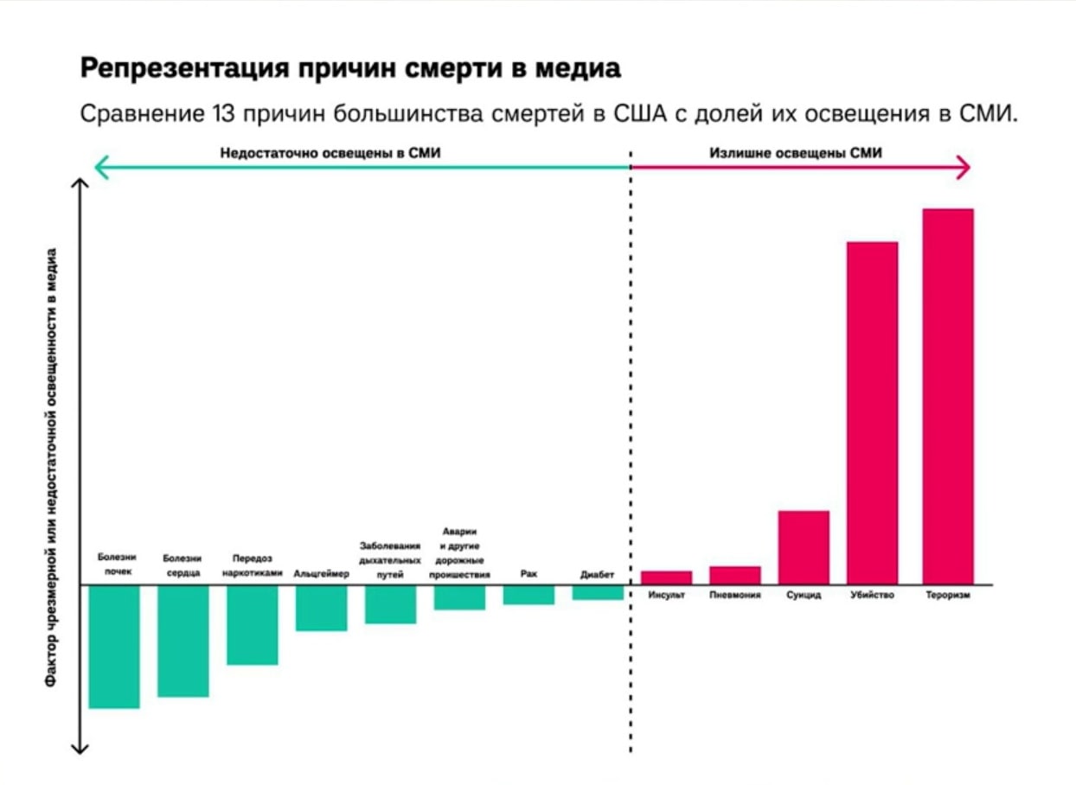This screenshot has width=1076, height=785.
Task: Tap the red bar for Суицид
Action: pyautogui.click(x=804, y=547)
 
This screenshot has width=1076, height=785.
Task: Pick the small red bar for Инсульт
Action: pyautogui.click(x=666, y=578)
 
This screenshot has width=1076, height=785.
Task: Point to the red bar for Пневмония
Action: pyautogui.click(x=735, y=575)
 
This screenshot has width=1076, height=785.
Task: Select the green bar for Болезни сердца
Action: pyautogui.click(x=183, y=641)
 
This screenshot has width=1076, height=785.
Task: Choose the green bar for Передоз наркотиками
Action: pyautogui.click(x=253, y=625)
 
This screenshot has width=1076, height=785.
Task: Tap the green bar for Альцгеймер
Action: pyautogui.click(x=321, y=608)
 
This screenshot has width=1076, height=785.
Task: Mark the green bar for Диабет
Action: pyautogui.click(x=598, y=592)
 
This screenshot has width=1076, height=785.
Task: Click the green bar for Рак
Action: pyautogui.click(x=528, y=595)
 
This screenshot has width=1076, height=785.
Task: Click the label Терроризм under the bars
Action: pyautogui.click(x=947, y=596)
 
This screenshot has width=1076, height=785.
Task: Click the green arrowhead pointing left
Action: pyautogui.click(x=100, y=167)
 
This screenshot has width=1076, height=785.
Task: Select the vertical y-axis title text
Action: pyautogui.click(x=52, y=467)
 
